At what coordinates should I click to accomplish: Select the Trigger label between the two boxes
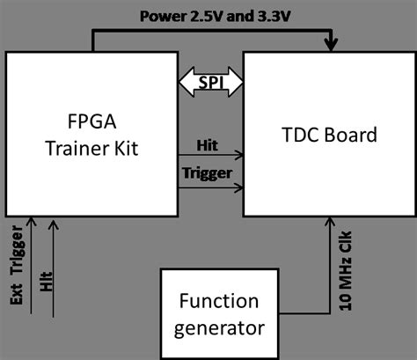[x=210, y=172]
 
